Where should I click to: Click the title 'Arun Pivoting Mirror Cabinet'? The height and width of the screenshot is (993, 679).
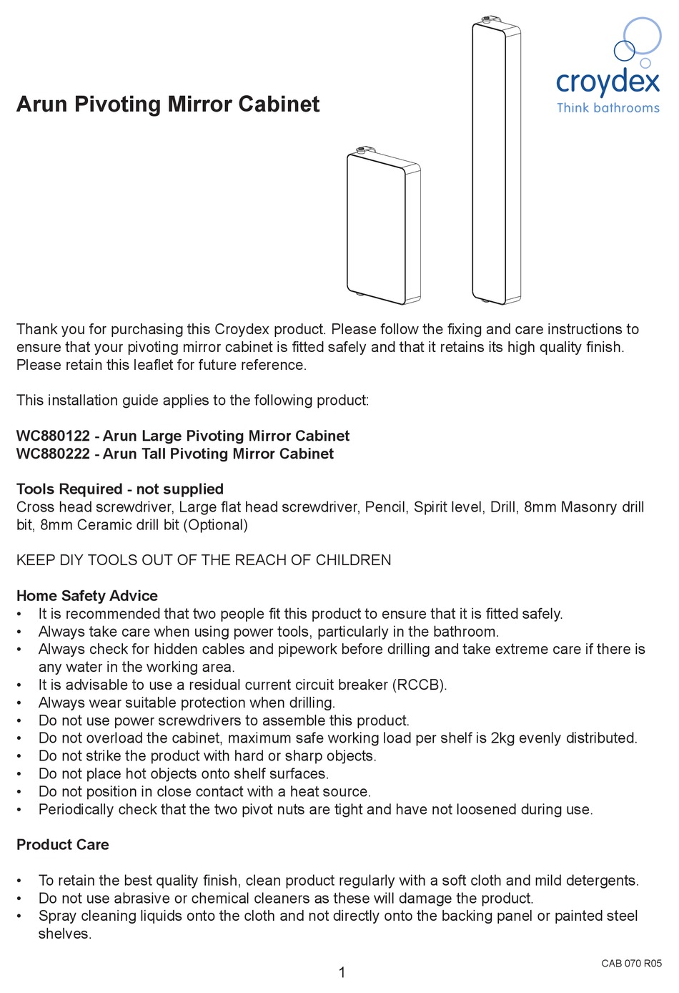pos(168,104)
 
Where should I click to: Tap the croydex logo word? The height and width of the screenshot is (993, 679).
pos(608,82)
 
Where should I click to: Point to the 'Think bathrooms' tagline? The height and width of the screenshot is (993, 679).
pos(608,108)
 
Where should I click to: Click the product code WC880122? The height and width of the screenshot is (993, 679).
pos(53,436)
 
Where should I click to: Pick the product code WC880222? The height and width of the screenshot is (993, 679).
pos(53,454)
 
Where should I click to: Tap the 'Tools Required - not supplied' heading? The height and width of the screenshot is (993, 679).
pos(120,489)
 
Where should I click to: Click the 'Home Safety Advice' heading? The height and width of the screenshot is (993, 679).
pos(87,596)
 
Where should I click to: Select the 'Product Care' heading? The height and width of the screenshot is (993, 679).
pos(63,845)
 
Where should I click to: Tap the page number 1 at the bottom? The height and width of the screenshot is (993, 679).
pos(342,972)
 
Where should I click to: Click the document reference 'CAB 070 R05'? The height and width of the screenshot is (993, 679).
pos(632,964)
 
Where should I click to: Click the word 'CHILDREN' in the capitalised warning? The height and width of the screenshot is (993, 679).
pos(353,560)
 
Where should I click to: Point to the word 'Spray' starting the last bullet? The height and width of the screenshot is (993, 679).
pos(57,916)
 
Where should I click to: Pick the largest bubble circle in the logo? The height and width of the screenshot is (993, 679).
pos(642,35)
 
